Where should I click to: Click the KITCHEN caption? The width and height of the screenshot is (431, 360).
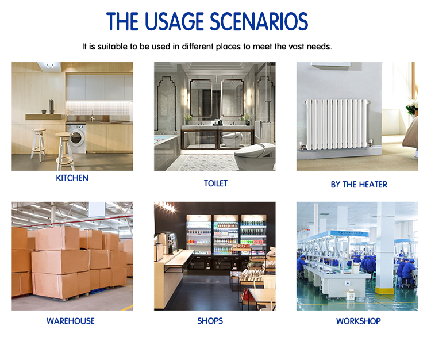point(72,178)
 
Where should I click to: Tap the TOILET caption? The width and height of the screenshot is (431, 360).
point(215,183)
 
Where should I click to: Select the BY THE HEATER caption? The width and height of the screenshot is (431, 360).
point(359,184)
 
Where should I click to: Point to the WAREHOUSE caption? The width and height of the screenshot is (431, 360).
point(71,321)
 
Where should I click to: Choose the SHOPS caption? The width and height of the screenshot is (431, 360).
point(210,321)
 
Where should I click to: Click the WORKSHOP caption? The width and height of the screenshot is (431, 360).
point(359,321)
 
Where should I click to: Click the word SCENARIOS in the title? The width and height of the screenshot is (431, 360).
point(259,21)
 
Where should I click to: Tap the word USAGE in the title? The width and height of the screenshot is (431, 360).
point(174,21)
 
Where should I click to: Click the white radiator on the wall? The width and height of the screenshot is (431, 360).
point(336,124)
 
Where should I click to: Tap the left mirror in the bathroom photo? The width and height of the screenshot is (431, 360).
point(201,98)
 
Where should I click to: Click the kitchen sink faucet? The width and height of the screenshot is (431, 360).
point(93,116)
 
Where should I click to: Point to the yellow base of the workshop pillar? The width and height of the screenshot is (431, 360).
point(384,290)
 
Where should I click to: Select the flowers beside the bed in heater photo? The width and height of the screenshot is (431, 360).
point(412,107)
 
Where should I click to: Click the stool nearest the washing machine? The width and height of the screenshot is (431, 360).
point(65,151)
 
